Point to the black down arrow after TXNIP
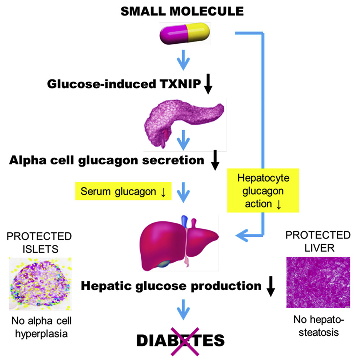[x=208, y=85]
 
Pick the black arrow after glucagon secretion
[x=215, y=162]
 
